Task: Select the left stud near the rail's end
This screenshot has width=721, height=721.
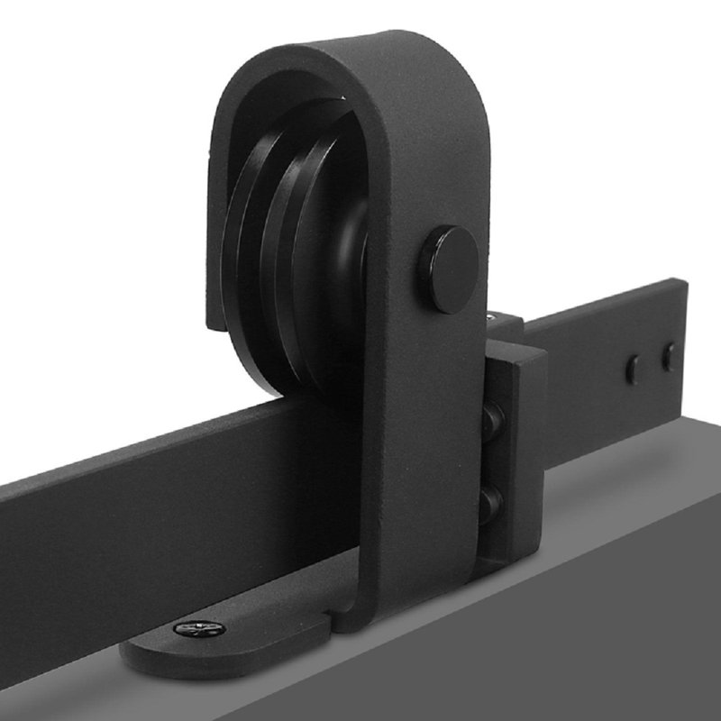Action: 634,370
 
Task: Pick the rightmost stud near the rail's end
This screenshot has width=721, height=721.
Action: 668,357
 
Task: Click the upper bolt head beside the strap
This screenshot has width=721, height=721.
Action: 492,418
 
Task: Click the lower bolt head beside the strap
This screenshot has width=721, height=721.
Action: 492,497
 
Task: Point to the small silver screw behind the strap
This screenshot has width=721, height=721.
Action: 491,317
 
